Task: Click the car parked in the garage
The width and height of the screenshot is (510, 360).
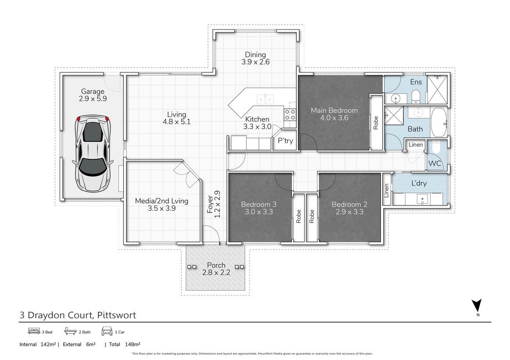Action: click(x=93, y=154)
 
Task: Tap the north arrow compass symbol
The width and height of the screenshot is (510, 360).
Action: click(x=477, y=307)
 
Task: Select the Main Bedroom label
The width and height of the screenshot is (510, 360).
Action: click(x=334, y=111)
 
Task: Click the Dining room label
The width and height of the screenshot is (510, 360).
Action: click(x=255, y=54)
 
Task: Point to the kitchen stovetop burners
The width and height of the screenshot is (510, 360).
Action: click(x=290, y=115)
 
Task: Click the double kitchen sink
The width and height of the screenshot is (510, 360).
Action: click(x=266, y=99)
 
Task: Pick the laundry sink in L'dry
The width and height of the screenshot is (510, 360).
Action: click(x=423, y=198)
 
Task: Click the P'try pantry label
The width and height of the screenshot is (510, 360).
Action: click(x=285, y=141)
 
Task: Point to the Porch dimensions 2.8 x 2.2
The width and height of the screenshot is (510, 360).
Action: click(x=216, y=273)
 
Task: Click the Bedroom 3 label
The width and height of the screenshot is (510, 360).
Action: click(x=259, y=205)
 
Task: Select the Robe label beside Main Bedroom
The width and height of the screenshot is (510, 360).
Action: click(x=376, y=123)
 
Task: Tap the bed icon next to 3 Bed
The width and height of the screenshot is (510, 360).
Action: click(x=34, y=331)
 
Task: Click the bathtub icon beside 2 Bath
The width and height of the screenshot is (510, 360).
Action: click(x=71, y=331)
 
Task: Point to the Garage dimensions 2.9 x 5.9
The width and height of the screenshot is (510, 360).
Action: click(x=93, y=98)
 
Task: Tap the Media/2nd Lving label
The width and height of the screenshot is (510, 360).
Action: click(x=162, y=201)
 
